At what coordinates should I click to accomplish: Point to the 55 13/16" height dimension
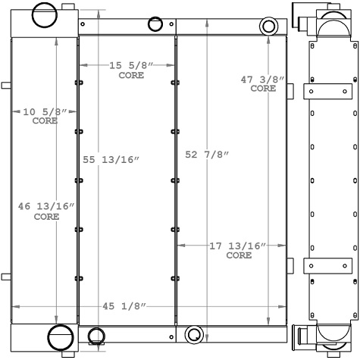click(x=111, y=159)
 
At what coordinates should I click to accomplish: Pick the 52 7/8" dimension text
click(x=207, y=155)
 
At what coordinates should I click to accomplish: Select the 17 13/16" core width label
click(x=239, y=246)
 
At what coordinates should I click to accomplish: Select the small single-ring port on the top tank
click(x=155, y=24)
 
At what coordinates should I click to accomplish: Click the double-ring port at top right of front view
click(x=268, y=27)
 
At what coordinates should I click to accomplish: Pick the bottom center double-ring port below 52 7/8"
click(x=194, y=334)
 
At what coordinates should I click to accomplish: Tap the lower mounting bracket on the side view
click(x=327, y=267)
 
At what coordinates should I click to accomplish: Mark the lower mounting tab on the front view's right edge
click(x=289, y=266)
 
